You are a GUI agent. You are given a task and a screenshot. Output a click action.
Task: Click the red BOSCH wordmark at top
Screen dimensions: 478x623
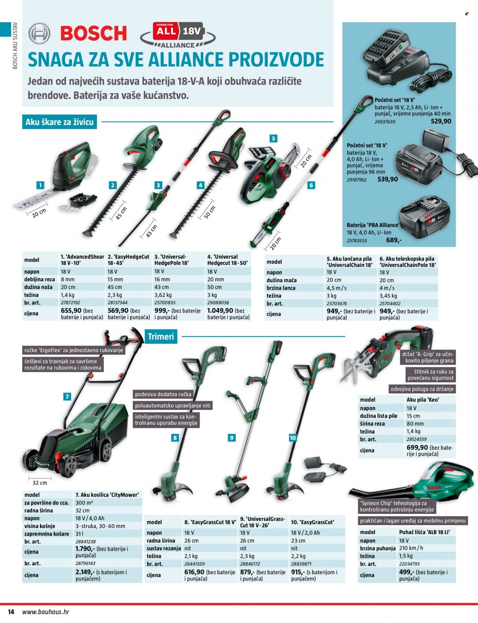click(x=94, y=33)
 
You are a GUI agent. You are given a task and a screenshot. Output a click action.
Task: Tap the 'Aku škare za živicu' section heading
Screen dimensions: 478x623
click(x=60, y=122)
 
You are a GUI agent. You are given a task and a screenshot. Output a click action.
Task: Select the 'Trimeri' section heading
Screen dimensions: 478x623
click(x=161, y=336)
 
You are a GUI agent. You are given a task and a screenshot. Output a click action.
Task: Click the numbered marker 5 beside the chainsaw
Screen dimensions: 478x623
click(x=273, y=139)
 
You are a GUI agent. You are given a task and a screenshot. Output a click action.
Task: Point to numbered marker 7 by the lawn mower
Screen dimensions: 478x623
click(x=67, y=396)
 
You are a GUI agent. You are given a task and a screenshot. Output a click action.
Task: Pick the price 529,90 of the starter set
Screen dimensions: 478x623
click(x=441, y=121)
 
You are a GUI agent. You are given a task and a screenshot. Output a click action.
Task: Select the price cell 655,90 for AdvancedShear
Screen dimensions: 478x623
click(x=71, y=310)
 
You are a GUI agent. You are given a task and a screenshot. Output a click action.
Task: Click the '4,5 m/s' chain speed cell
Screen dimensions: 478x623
click(x=337, y=288)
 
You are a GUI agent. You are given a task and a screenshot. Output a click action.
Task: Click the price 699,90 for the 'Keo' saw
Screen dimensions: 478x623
click(x=417, y=447)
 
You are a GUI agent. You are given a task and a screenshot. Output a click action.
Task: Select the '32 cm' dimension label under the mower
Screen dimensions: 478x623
click(x=40, y=483)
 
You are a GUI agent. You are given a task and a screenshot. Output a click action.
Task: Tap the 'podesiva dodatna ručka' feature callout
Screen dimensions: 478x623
click(x=163, y=394)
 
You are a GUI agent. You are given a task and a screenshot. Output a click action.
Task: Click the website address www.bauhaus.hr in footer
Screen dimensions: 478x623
click(x=46, y=612)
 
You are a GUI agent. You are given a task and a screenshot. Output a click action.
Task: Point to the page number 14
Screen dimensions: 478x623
click(x=11, y=612)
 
